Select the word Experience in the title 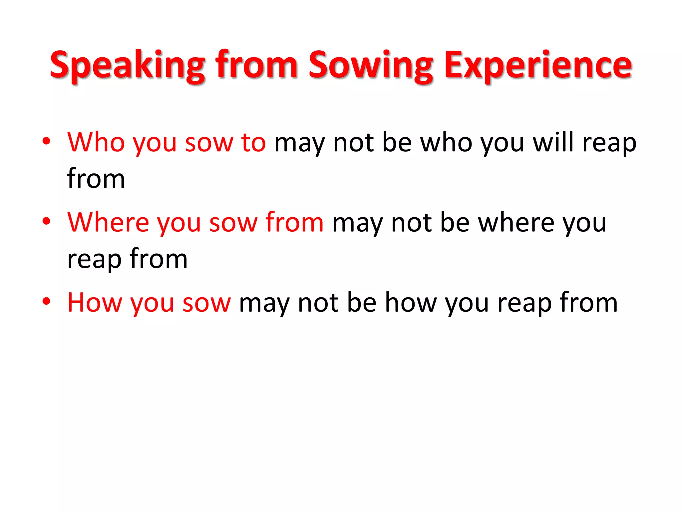538,65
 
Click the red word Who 96,142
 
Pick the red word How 94,302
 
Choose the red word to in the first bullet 253,142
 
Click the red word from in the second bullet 294,222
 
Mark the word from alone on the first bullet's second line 96,179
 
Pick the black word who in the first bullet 446,142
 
